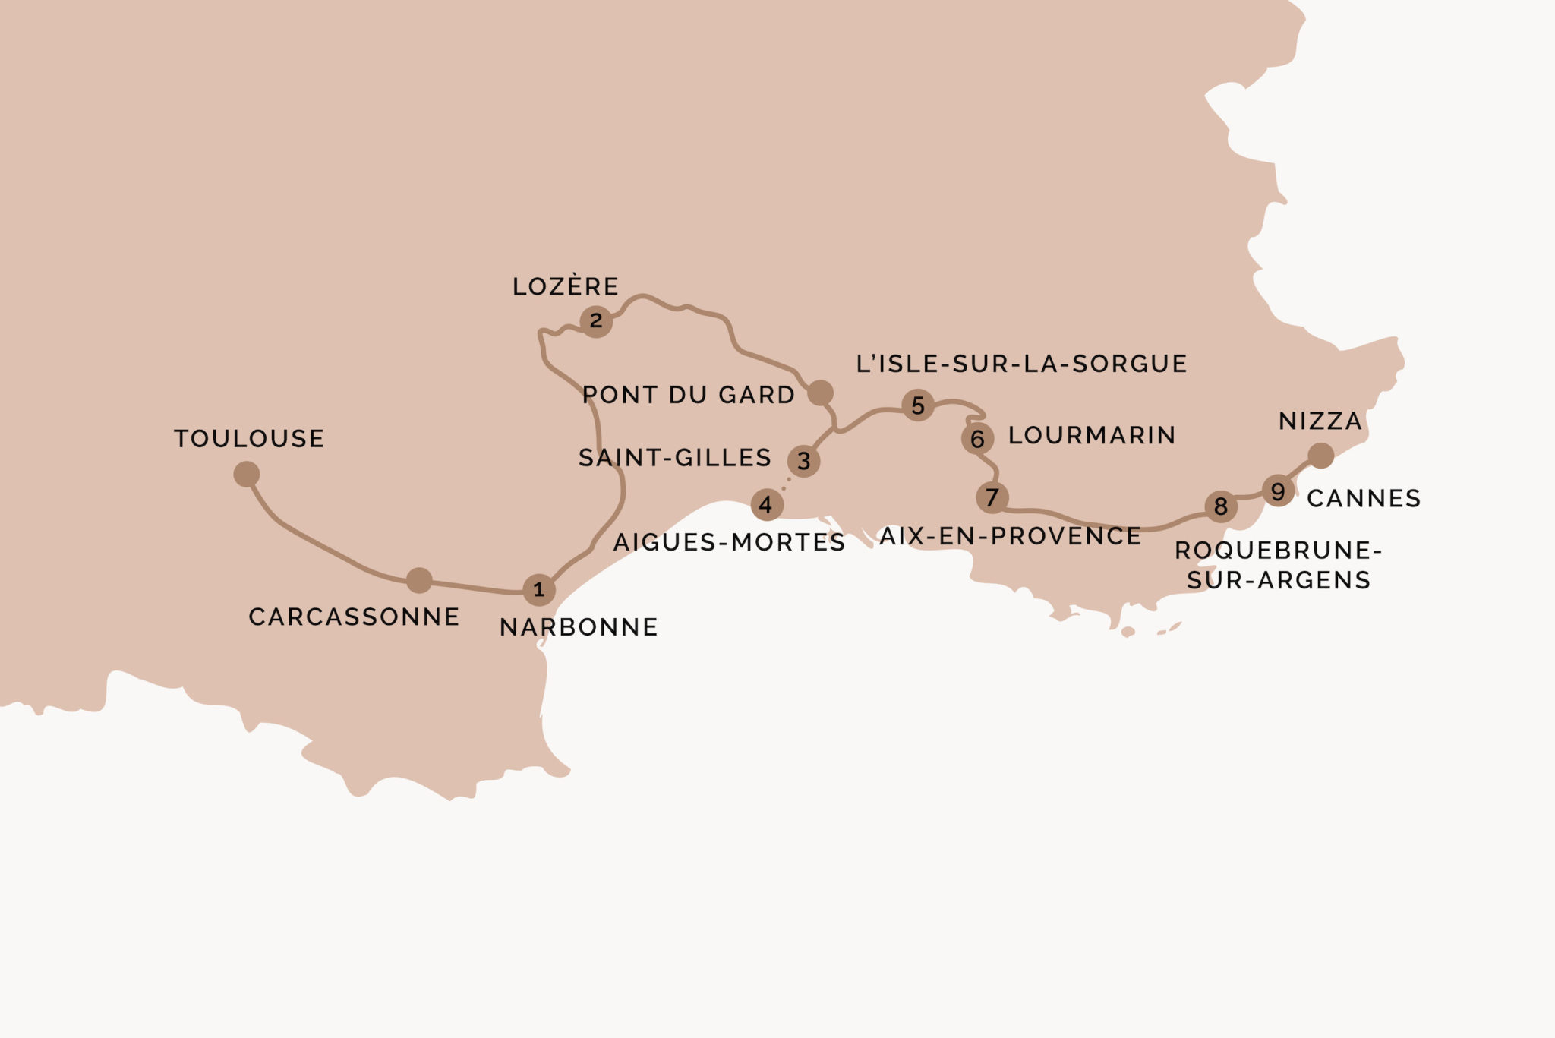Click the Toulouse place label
249,439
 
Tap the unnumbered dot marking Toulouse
247,475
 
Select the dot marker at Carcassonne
419,580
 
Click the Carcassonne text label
354,617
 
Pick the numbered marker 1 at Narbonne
539,590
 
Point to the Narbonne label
579,627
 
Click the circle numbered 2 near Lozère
596,321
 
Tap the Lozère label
566,286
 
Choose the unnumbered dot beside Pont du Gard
820,393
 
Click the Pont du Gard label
688,395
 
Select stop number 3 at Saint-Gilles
803,461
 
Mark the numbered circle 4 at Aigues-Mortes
766,505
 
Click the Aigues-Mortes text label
729,542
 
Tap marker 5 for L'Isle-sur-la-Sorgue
918,405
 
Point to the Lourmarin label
1092,435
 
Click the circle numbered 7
992,498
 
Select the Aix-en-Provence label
1010,536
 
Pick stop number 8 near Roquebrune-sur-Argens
1221,506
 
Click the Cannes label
1364,498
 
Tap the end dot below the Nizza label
1321,456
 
